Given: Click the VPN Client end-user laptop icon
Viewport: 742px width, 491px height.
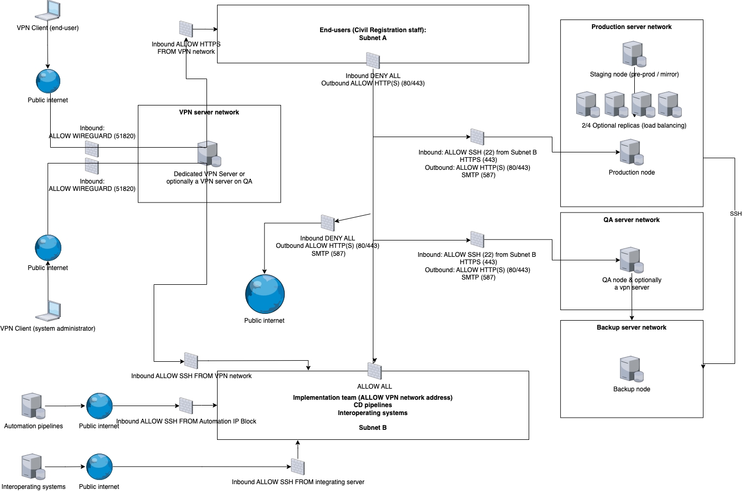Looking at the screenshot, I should tap(48, 10).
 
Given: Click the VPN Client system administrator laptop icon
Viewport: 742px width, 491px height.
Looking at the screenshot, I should tap(48, 311).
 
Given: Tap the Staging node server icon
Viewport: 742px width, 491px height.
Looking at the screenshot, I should tap(634, 54).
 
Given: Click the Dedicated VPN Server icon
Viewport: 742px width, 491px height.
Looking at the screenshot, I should tap(209, 154).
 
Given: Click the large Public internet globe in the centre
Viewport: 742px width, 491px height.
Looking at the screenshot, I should tap(265, 294).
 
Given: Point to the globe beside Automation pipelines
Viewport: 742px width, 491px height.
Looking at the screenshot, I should tap(99, 406).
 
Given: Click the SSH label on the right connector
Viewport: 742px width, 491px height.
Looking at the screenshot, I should tap(736, 214).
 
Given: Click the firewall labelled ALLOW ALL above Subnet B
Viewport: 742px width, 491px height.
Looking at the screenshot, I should tap(374, 371).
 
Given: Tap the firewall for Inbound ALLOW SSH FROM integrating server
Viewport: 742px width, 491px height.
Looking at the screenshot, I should tap(298, 467).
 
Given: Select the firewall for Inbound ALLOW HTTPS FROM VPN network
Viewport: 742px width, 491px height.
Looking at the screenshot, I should tap(186, 29).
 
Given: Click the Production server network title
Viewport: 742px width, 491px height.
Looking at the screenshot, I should tap(631, 27).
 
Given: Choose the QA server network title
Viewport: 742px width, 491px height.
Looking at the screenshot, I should tap(631, 220).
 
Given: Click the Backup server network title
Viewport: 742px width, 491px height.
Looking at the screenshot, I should tap(631, 328).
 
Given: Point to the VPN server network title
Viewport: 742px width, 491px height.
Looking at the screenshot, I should tap(209, 112).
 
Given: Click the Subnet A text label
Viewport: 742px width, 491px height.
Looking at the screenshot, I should tap(373, 38).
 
